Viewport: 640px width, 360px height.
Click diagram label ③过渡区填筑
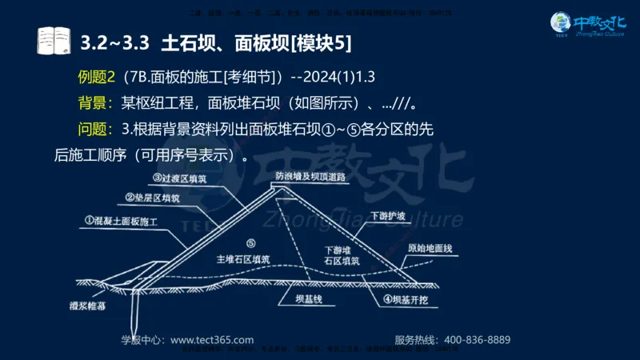point(178,178)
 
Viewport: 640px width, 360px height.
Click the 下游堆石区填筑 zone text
point(342,255)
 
